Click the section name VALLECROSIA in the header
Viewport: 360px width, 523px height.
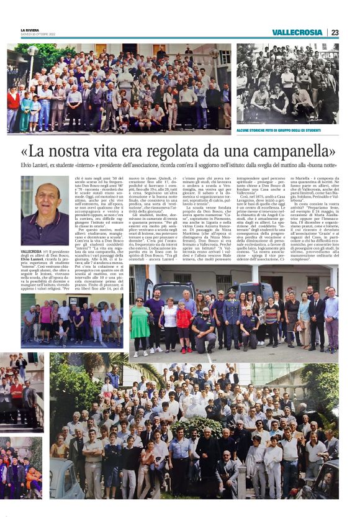tap(297, 32)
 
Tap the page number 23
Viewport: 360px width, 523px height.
tap(335, 32)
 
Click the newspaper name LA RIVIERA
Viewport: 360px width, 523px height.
tap(29, 30)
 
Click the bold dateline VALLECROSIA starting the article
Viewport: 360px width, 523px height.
tap(32, 251)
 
